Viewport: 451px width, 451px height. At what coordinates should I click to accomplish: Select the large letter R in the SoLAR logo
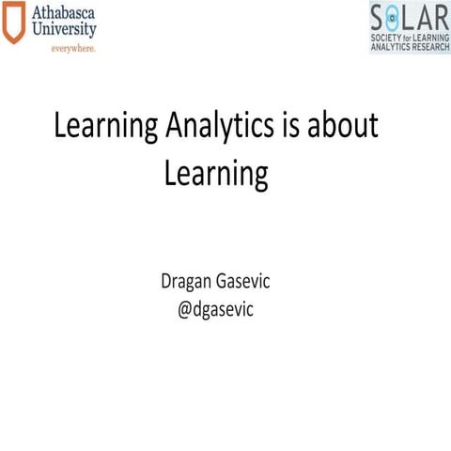(442, 17)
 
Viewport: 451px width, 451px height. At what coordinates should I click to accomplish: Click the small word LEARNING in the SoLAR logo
(430, 36)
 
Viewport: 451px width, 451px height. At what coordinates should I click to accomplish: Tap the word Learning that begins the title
(102, 129)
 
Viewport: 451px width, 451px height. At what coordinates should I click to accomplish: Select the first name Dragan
(191, 281)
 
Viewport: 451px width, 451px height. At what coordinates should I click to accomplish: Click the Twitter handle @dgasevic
(222, 307)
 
